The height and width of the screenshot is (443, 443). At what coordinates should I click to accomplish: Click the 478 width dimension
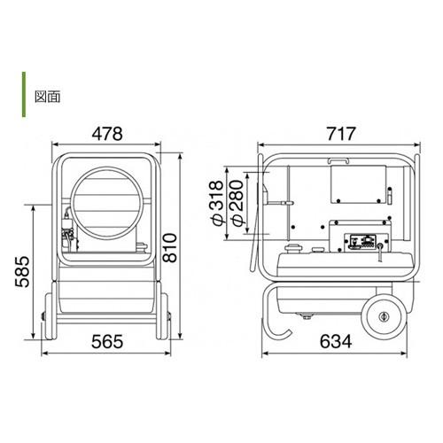tap(107, 134)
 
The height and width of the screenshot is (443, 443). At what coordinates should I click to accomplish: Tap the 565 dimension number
tap(107, 342)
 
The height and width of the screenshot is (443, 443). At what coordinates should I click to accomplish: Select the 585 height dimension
tap(22, 272)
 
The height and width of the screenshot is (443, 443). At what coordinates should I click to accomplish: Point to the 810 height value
tap(170, 248)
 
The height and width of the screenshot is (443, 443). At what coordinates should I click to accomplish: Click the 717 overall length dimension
tap(341, 134)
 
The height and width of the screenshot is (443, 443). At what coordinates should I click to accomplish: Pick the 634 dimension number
tap(336, 342)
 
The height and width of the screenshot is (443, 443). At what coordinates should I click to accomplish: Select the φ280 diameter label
tap(237, 203)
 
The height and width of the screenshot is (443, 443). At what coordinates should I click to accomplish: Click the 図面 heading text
tap(47, 97)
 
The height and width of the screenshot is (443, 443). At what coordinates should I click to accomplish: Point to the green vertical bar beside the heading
tap(24, 95)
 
